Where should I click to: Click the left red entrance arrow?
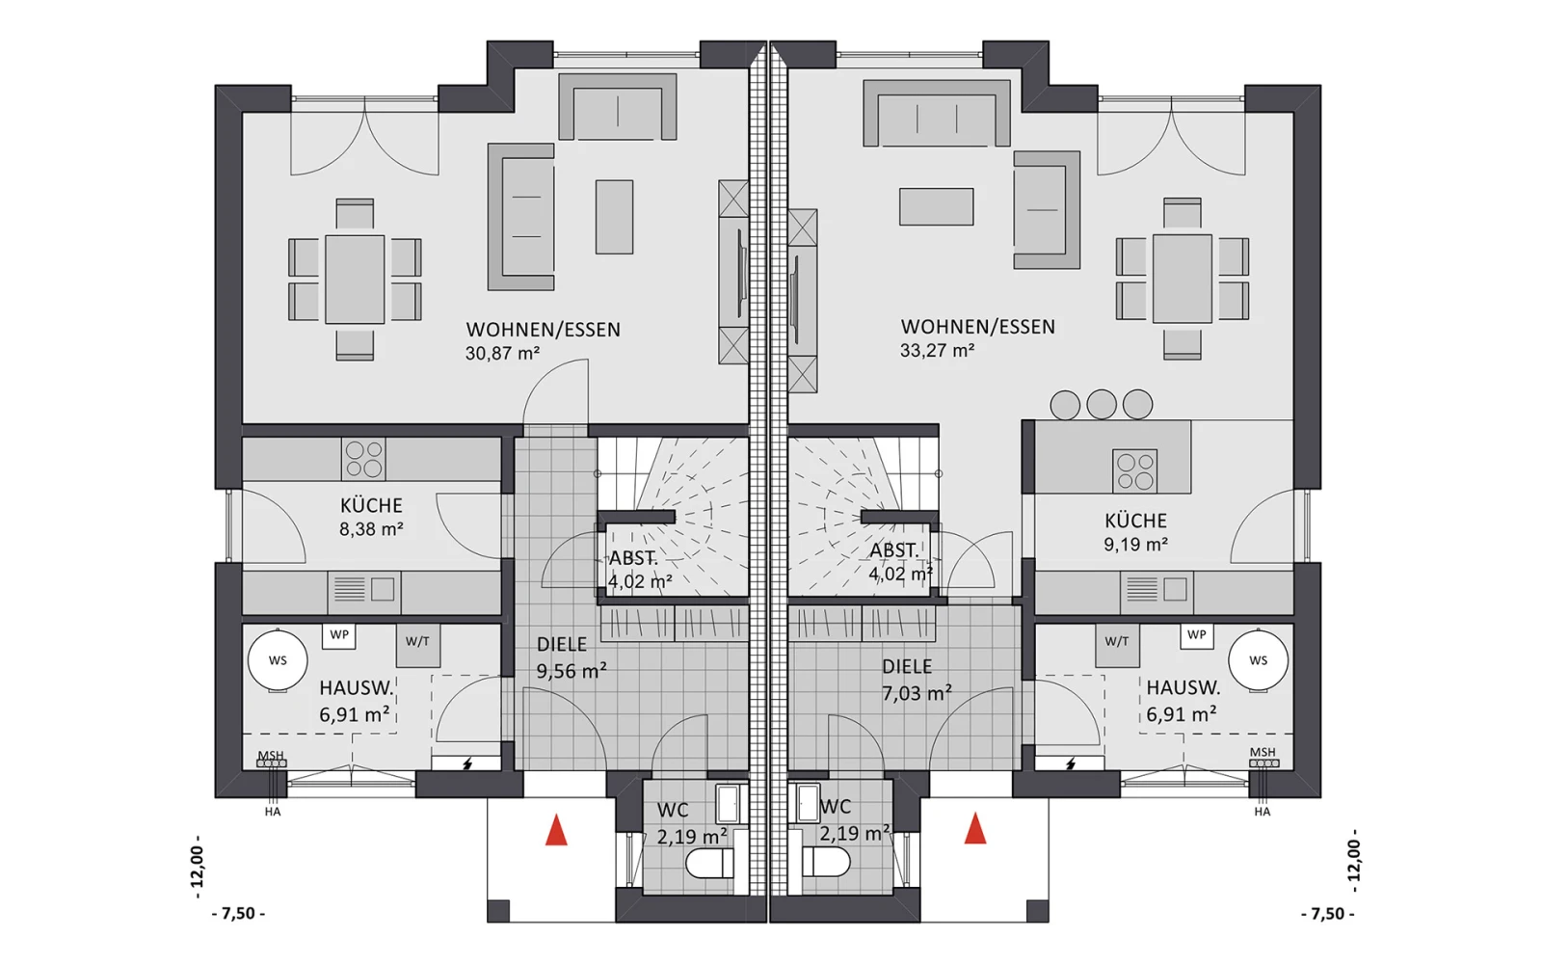point(556,829)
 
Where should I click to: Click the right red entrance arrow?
point(974,828)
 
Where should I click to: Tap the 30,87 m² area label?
point(502,353)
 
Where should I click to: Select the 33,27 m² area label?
point(937,351)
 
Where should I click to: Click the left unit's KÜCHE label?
point(371,505)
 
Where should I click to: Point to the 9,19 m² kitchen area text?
point(1136,545)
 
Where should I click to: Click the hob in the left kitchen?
point(363,459)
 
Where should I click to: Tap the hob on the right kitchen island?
point(1134,471)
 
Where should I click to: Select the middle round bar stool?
point(1102,404)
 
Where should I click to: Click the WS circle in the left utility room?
point(278,660)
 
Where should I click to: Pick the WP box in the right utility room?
point(1196,635)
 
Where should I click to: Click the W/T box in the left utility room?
point(418,645)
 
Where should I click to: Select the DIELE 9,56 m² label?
point(572,657)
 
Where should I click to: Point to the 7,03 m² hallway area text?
point(917,693)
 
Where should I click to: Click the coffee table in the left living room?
point(614,217)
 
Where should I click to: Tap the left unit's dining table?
point(355,280)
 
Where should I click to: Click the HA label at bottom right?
point(1262,812)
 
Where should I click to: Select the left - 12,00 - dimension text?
point(198,867)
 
